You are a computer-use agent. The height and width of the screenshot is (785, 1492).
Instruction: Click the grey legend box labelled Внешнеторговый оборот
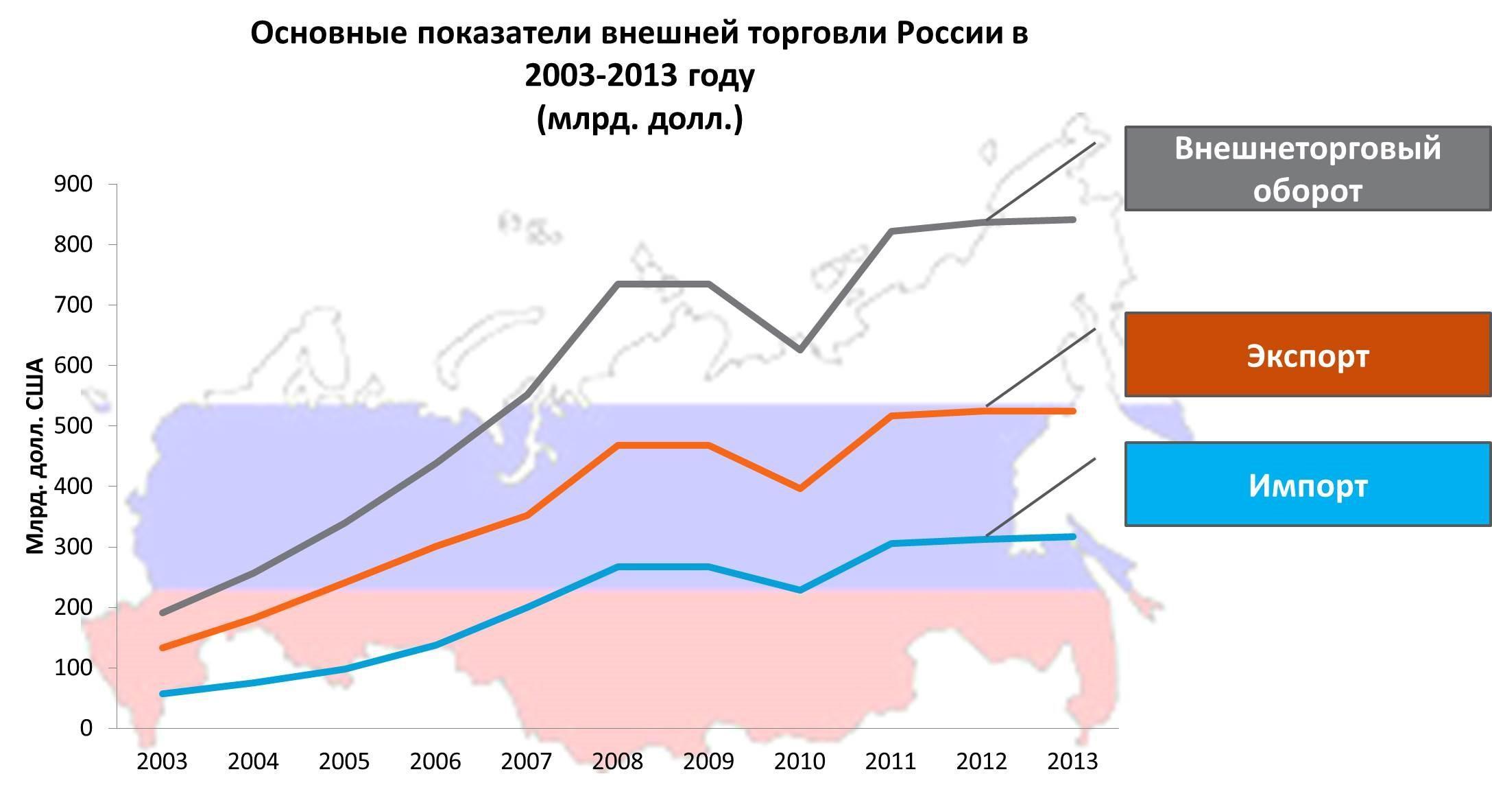tap(1307, 168)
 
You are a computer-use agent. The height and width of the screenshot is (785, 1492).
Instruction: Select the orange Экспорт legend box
tap(1307, 355)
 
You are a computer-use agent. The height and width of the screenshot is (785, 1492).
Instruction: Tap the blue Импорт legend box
tap(1307, 484)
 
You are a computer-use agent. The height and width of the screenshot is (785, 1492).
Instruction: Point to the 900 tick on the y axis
tap(73, 184)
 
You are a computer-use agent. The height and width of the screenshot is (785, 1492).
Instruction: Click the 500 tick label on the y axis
tap(73, 425)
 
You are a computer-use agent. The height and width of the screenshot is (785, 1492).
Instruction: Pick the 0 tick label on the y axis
tap(86, 728)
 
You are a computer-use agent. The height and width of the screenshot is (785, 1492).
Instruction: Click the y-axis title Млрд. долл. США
tap(35, 456)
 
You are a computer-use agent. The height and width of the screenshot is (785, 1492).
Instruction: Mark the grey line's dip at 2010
tap(799, 350)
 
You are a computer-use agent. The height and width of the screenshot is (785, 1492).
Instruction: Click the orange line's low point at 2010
tap(799, 489)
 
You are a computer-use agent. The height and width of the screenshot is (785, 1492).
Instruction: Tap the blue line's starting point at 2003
tap(163, 694)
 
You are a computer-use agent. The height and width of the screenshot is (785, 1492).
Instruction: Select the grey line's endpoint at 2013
tap(1073, 220)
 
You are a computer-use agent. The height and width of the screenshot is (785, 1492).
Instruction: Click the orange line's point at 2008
tap(618, 445)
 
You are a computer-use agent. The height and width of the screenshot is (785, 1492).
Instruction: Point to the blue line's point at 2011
tap(891, 543)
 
